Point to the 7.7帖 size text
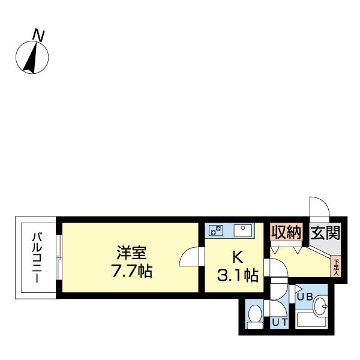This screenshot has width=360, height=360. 130,271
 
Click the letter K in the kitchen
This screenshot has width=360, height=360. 237,257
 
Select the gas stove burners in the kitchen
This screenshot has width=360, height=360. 215,230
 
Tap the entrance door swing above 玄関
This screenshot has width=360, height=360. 318,207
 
